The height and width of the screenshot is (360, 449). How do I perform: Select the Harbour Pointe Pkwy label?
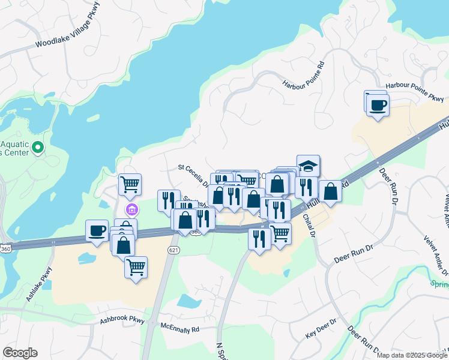(x=415, y=92)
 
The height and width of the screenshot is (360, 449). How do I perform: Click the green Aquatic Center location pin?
(x=37, y=147)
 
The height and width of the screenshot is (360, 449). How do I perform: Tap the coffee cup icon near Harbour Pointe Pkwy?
(x=378, y=106)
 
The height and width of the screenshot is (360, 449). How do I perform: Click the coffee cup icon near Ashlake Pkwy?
(x=97, y=230)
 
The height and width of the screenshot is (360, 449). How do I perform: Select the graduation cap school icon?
(x=308, y=166)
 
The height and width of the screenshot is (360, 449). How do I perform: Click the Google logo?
(x=20, y=353)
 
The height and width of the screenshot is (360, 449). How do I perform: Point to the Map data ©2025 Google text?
(x=411, y=355)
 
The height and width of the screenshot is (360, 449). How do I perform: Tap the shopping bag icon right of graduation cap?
(x=330, y=191)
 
